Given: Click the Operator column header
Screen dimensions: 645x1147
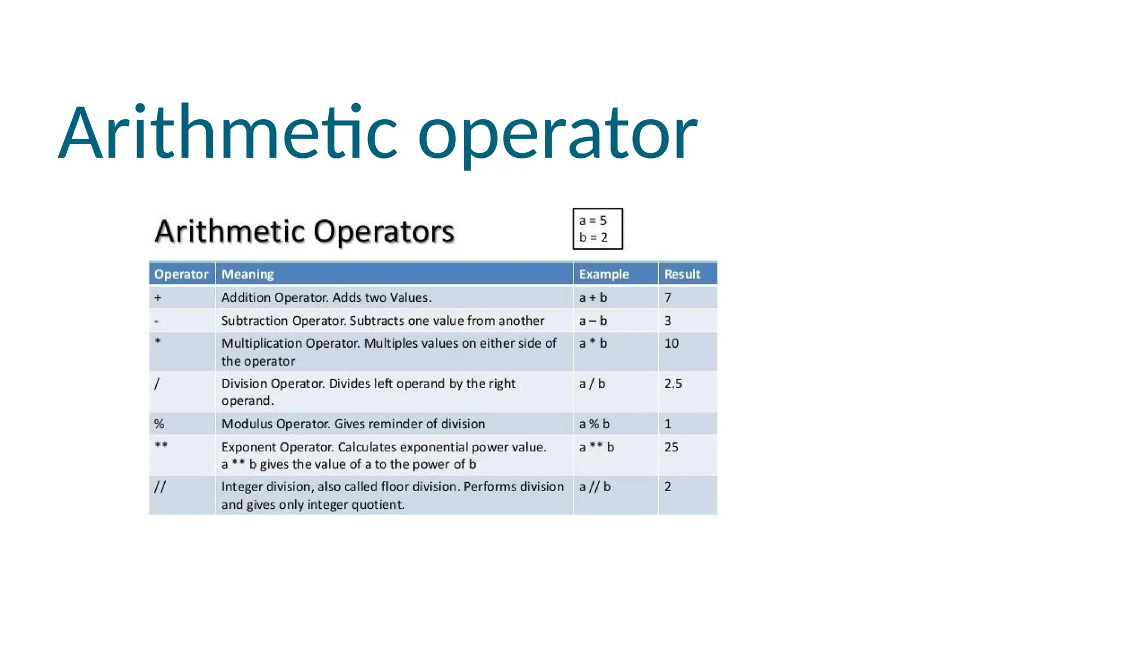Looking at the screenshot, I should click(x=181, y=274).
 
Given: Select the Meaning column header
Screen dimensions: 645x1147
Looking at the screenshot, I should click(x=248, y=274).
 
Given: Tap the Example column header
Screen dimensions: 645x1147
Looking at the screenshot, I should click(x=604, y=274).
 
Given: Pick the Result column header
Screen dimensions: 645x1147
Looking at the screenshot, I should click(x=682, y=274).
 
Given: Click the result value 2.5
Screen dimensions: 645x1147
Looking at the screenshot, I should click(x=673, y=384).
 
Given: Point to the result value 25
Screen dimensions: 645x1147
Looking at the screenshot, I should click(x=672, y=447).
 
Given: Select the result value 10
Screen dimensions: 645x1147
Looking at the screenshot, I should click(x=672, y=344).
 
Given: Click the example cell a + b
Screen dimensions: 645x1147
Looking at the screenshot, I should click(x=593, y=298).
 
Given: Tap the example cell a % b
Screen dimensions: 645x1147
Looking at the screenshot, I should click(x=594, y=424).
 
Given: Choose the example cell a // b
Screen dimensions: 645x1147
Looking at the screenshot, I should click(x=595, y=487).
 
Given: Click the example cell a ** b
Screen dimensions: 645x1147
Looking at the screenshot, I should click(x=596, y=447).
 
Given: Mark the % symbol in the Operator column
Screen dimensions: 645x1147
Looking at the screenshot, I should click(x=159, y=424).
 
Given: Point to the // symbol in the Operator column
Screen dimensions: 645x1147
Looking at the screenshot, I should click(x=160, y=487).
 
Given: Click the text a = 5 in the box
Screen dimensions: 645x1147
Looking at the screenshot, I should click(x=593, y=221).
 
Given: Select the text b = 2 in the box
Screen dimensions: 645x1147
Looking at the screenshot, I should click(x=593, y=238).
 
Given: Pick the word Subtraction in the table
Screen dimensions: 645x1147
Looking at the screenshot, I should click(x=255, y=321).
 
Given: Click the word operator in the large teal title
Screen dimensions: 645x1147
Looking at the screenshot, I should click(x=557, y=134).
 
